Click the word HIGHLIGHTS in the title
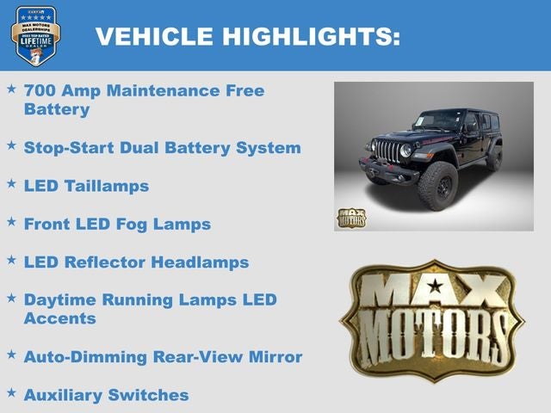click(x=311, y=36)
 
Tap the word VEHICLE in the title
click(x=154, y=36)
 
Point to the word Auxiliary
click(x=63, y=395)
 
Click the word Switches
click(x=148, y=395)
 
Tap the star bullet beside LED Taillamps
click(x=11, y=183)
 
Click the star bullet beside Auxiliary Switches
click(x=11, y=392)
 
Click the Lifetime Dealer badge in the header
click(x=35, y=35)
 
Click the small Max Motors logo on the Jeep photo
click(x=350, y=218)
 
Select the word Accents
click(x=59, y=318)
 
